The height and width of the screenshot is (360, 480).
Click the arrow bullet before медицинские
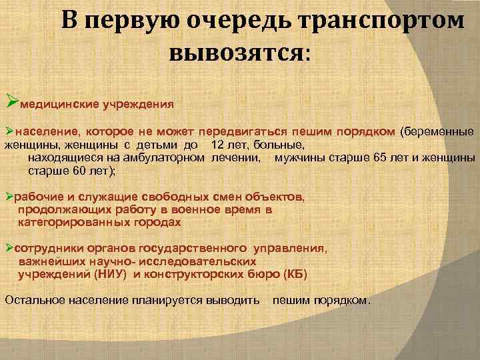point(11,102)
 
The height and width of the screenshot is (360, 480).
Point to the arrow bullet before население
point(9,131)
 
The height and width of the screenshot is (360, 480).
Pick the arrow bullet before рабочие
point(9,197)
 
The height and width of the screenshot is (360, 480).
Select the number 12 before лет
point(217,145)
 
